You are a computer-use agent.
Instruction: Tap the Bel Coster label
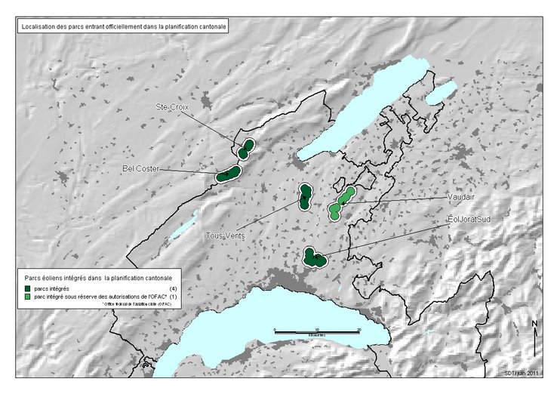[141, 168]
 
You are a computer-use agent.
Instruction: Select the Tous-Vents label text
[226, 235]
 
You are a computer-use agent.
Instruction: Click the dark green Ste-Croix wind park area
[246, 148]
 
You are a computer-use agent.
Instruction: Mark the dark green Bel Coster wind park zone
[227, 174]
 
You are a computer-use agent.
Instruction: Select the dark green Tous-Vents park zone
[305, 197]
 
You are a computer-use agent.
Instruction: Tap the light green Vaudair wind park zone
[341, 202]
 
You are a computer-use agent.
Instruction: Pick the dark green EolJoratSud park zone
[313, 258]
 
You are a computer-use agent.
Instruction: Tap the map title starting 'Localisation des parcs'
[122, 26]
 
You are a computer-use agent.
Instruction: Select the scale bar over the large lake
[316, 331]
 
